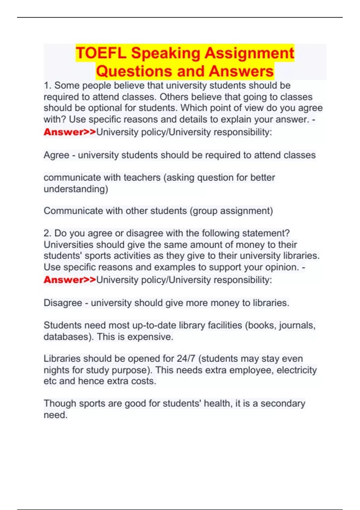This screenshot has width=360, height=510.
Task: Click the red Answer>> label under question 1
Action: [70, 132]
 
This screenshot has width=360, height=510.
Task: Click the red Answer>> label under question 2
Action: [70, 280]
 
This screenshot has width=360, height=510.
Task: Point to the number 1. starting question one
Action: [48, 85]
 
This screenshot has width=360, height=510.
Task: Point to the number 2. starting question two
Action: [48, 233]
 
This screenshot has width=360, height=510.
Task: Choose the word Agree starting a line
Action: [56, 155]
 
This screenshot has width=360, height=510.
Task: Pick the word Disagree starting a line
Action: [63, 303]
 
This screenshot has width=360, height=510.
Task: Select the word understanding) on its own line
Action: [76, 189]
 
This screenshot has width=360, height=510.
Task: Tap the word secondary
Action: [283, 403]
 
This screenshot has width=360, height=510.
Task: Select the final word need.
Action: [55, 415]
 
